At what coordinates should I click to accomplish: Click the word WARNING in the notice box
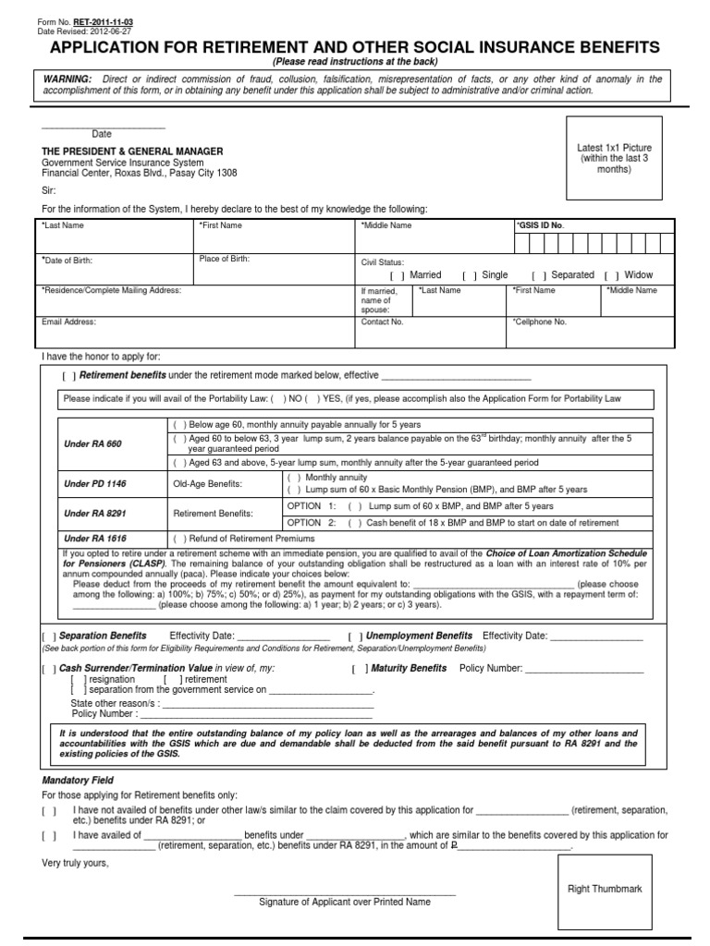[67, 79]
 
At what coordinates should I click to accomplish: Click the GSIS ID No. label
[539, 225]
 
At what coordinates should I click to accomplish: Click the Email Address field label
[68, 322]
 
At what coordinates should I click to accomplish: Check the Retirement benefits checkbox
[69, 376]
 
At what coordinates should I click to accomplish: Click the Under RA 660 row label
[92, 444]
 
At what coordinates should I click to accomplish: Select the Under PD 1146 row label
[94, 484]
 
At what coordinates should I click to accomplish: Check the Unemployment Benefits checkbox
[355, 637]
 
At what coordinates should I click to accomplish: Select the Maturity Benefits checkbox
[359, 668]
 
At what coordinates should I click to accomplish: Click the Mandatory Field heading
[78, 780]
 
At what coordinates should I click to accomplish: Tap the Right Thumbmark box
[605, 889]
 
